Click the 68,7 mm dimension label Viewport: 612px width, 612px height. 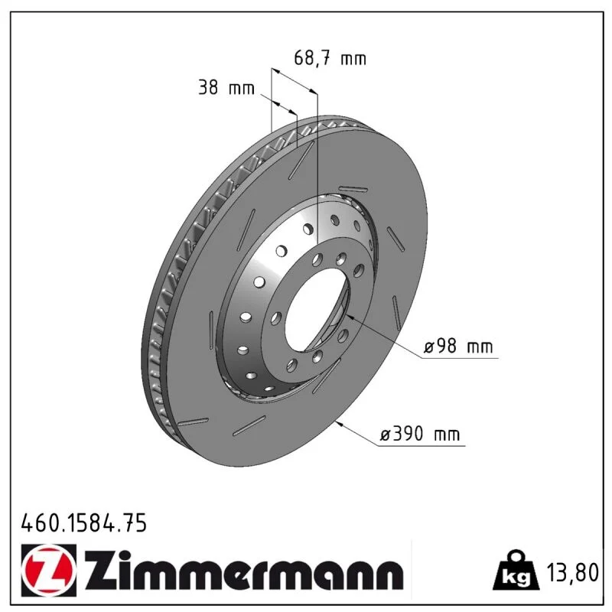tap(330, 58)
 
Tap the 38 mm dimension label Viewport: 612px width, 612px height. tap(226, 87)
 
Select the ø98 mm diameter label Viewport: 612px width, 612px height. tap(458, 346)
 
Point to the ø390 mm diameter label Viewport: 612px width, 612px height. tap(420, 434)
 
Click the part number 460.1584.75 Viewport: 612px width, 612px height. tap(84, 522)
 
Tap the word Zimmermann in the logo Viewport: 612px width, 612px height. tap(244, 570)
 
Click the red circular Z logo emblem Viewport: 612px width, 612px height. tap(49, 570)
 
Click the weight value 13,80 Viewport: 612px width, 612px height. tap(572, 572)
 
